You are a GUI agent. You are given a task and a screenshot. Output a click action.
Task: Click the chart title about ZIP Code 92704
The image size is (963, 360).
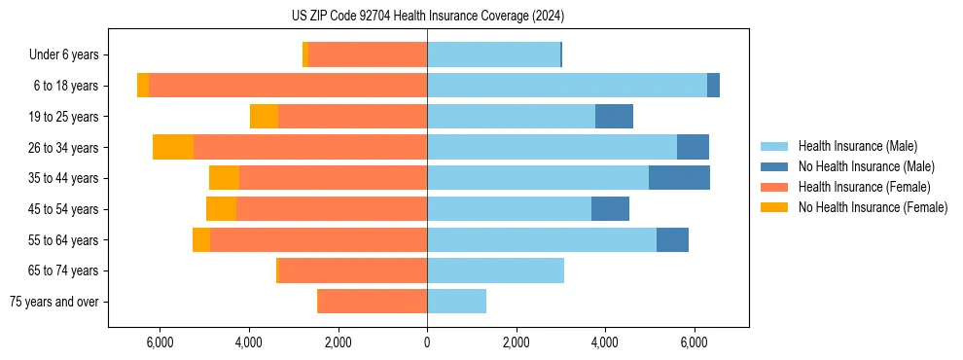point(427,17)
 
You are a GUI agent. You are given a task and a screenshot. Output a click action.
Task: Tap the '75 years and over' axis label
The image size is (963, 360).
point(54,302)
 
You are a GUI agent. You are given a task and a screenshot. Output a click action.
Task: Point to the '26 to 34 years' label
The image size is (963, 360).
point(64,148)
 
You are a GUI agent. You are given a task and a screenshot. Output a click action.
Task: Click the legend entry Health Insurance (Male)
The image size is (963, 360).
point(857,146)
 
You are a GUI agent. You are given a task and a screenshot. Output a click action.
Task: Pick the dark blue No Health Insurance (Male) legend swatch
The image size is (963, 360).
point(774,166)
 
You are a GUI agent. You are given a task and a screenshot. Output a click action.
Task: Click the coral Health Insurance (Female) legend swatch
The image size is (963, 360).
point(774,187)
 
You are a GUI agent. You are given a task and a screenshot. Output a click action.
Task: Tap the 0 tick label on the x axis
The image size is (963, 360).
point(427,342)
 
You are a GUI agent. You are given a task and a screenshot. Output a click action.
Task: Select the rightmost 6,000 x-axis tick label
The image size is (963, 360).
point(694,342)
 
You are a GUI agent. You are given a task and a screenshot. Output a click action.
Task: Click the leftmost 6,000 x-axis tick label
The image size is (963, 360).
point(160,342)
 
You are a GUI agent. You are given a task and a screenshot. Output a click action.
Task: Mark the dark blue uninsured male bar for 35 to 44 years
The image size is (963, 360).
point(679,178)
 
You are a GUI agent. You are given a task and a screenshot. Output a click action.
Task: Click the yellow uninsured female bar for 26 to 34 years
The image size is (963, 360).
point(173,147)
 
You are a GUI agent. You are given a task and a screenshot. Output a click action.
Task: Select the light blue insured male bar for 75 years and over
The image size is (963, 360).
point(456,302)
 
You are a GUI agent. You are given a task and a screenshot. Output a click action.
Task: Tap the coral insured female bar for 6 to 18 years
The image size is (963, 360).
point(288,86)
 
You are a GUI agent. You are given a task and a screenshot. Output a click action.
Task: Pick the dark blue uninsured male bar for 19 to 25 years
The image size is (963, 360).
point(614,117)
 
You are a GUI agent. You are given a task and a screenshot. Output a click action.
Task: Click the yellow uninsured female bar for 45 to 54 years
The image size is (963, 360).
point(221,209)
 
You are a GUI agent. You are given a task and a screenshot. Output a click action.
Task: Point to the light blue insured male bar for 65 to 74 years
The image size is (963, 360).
point(495,270)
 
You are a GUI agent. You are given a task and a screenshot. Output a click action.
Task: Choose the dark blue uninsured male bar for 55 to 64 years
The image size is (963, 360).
point(672,239)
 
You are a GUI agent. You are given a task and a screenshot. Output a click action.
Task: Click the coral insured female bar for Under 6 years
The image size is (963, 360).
point(368,54)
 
